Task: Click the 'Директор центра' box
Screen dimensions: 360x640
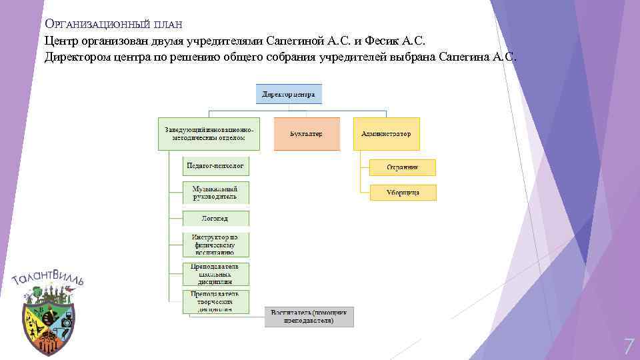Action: pos(289,94)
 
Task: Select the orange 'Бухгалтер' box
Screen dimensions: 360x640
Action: pos(307,134)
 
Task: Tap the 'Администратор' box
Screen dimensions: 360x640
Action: pos(386,134)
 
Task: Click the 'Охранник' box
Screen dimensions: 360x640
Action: pos(403,167)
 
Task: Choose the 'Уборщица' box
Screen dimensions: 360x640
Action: pos(403,193)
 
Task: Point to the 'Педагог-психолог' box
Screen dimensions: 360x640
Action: pos(215,165)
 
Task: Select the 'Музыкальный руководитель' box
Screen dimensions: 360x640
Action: pos(215,193)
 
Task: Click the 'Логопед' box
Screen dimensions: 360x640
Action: pos(215,218)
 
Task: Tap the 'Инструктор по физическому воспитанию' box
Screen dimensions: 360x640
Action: pos(215,245)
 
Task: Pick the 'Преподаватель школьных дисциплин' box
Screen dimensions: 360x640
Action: pos(215,274)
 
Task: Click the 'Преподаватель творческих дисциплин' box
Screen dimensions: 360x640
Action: pos(215,301)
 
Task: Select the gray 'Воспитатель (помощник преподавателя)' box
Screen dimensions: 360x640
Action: pos(309,317)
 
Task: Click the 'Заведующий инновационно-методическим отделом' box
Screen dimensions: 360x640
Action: pos(206,134)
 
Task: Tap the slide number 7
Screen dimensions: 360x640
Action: pos(627,346)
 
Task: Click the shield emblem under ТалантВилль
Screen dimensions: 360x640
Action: pos(47,323)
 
